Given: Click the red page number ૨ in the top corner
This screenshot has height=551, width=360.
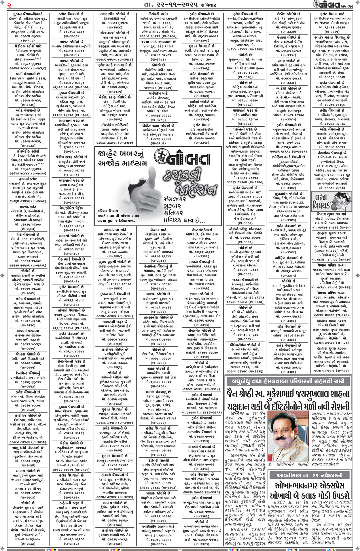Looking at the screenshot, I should [9, 5].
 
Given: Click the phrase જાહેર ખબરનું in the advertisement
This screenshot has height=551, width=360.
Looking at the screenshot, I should [120, 155].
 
